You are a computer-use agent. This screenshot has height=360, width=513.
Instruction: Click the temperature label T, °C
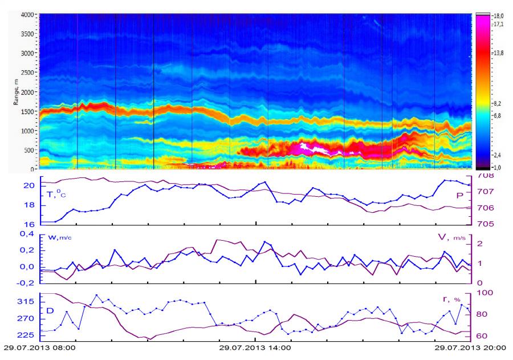tap(50, 194)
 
